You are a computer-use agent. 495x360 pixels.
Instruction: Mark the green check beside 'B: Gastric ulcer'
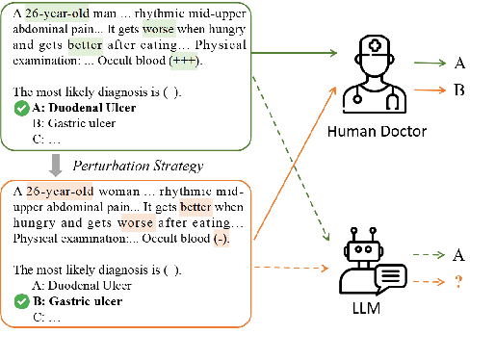pos(20,299)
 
